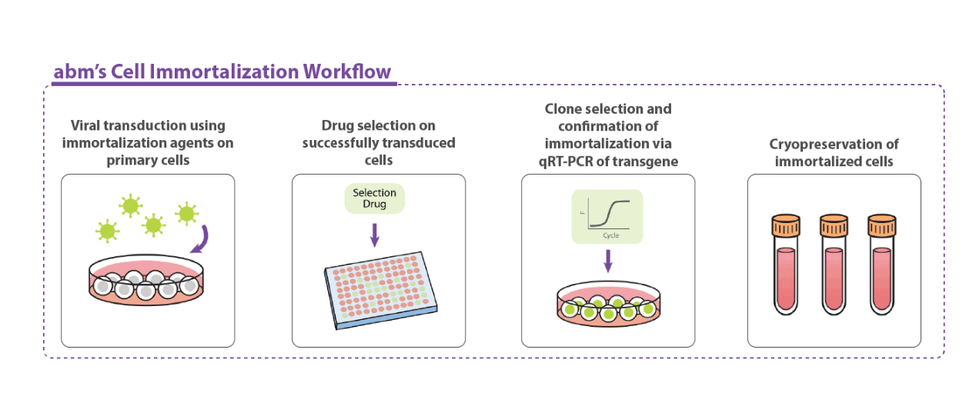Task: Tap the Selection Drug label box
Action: tap(375, 198)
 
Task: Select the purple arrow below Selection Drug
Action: tap(375, 234)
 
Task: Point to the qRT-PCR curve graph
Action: tap(607, 216)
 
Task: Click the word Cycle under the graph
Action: tap(610, 235)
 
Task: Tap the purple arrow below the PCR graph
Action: tap(607, 261)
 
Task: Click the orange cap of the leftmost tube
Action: tap(786, 227)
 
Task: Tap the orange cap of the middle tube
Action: tap(834, 227)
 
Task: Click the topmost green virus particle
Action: tap(130, 205)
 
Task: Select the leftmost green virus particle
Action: tap(106, 230)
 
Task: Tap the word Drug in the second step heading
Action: tap(338, 125)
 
